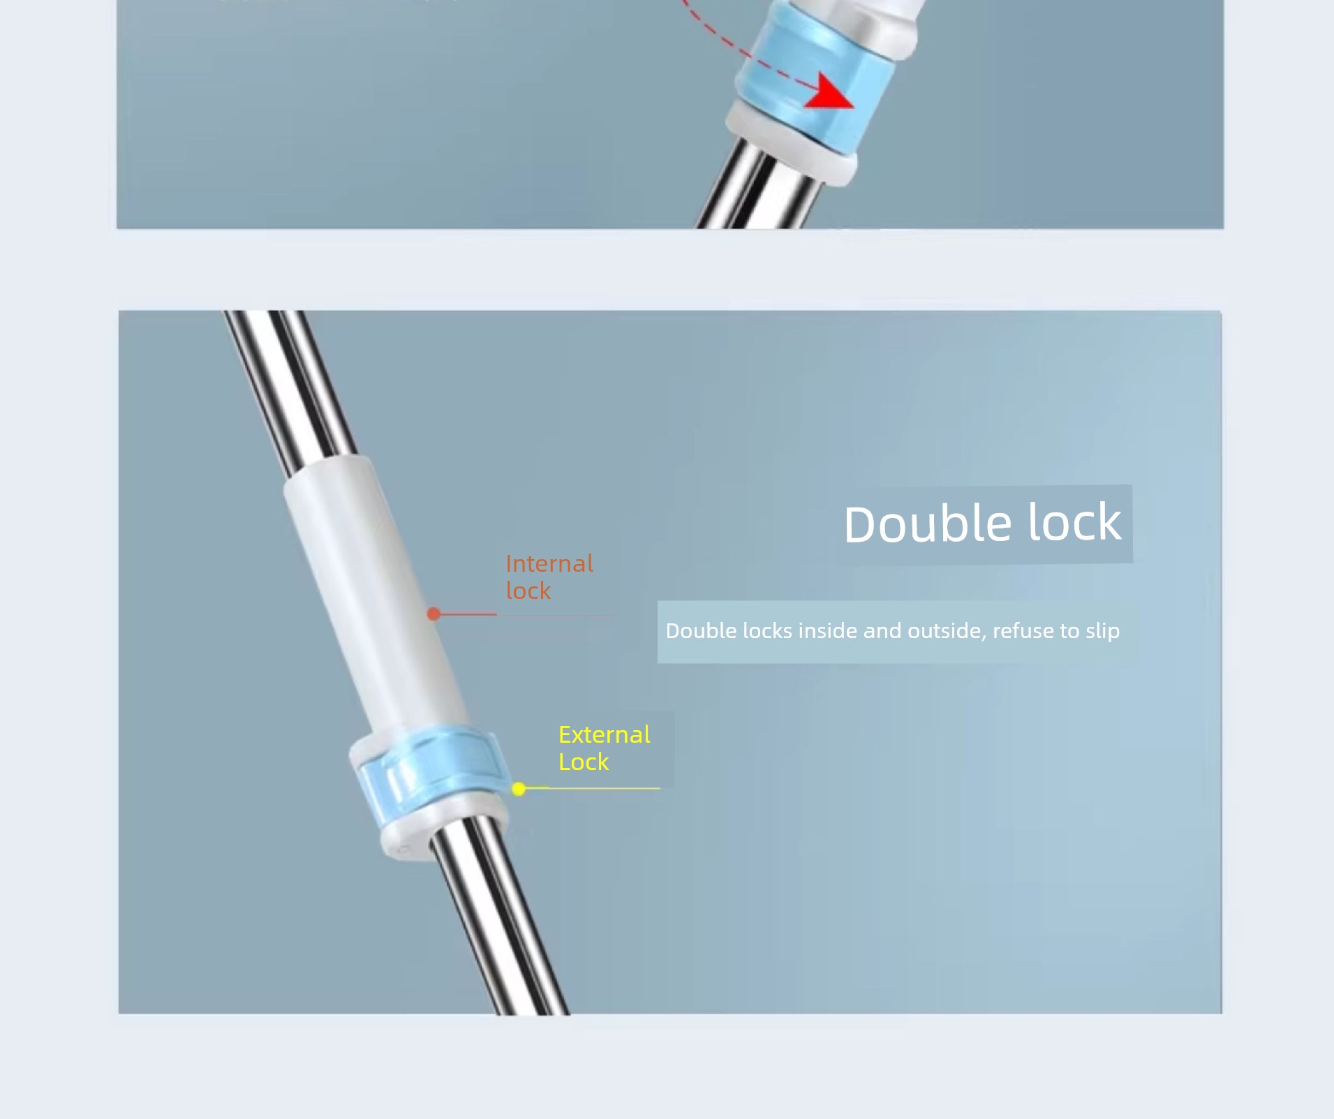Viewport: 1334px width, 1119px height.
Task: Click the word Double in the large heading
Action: (928, 524)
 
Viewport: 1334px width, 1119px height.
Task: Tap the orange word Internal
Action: (549, 563)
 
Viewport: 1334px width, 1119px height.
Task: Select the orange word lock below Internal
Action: (528, 591)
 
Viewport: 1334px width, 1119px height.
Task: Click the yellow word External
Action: (605, 734)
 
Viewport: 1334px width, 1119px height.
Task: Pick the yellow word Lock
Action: (584, 762)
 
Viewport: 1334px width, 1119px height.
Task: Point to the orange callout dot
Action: (433, 614)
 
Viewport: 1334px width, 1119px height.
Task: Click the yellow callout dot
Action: (519, 789)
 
